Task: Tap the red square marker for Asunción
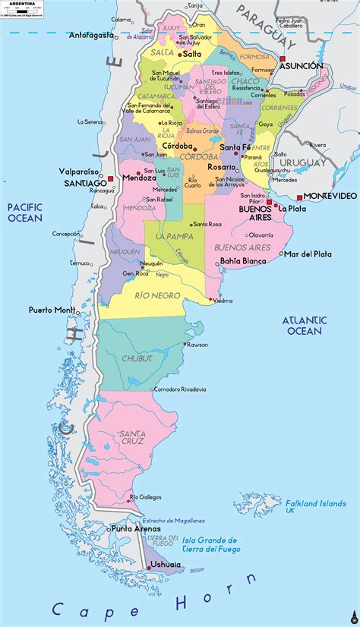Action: tap(282, 58)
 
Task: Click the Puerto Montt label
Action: tap(51, 310)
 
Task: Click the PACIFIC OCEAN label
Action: tap(25, 213)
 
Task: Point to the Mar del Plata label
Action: tap(307, 254)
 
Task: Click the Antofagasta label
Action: tap(91, 35)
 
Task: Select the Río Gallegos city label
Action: tap(146, 497)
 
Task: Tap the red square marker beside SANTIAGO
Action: tap(111, 179)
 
